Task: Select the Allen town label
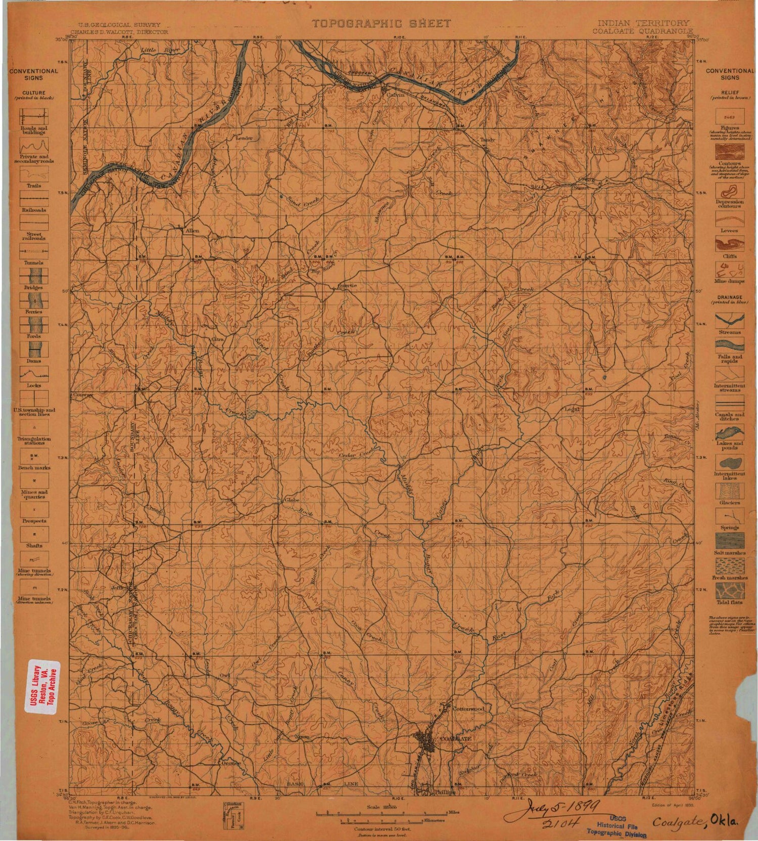coord(193,231)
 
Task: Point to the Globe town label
coord(293,500)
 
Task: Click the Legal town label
coord(571,409)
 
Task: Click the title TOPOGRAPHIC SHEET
coord(381,23)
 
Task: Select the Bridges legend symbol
coord(34,276)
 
